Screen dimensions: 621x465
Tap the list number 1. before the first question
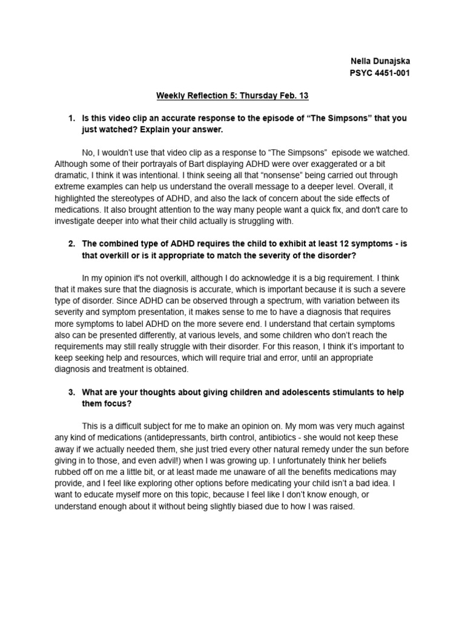click(71, 118)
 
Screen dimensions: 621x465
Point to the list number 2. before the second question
click(71, 244)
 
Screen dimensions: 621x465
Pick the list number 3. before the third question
click(71, 392)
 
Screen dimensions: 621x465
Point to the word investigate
click(76, 221)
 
